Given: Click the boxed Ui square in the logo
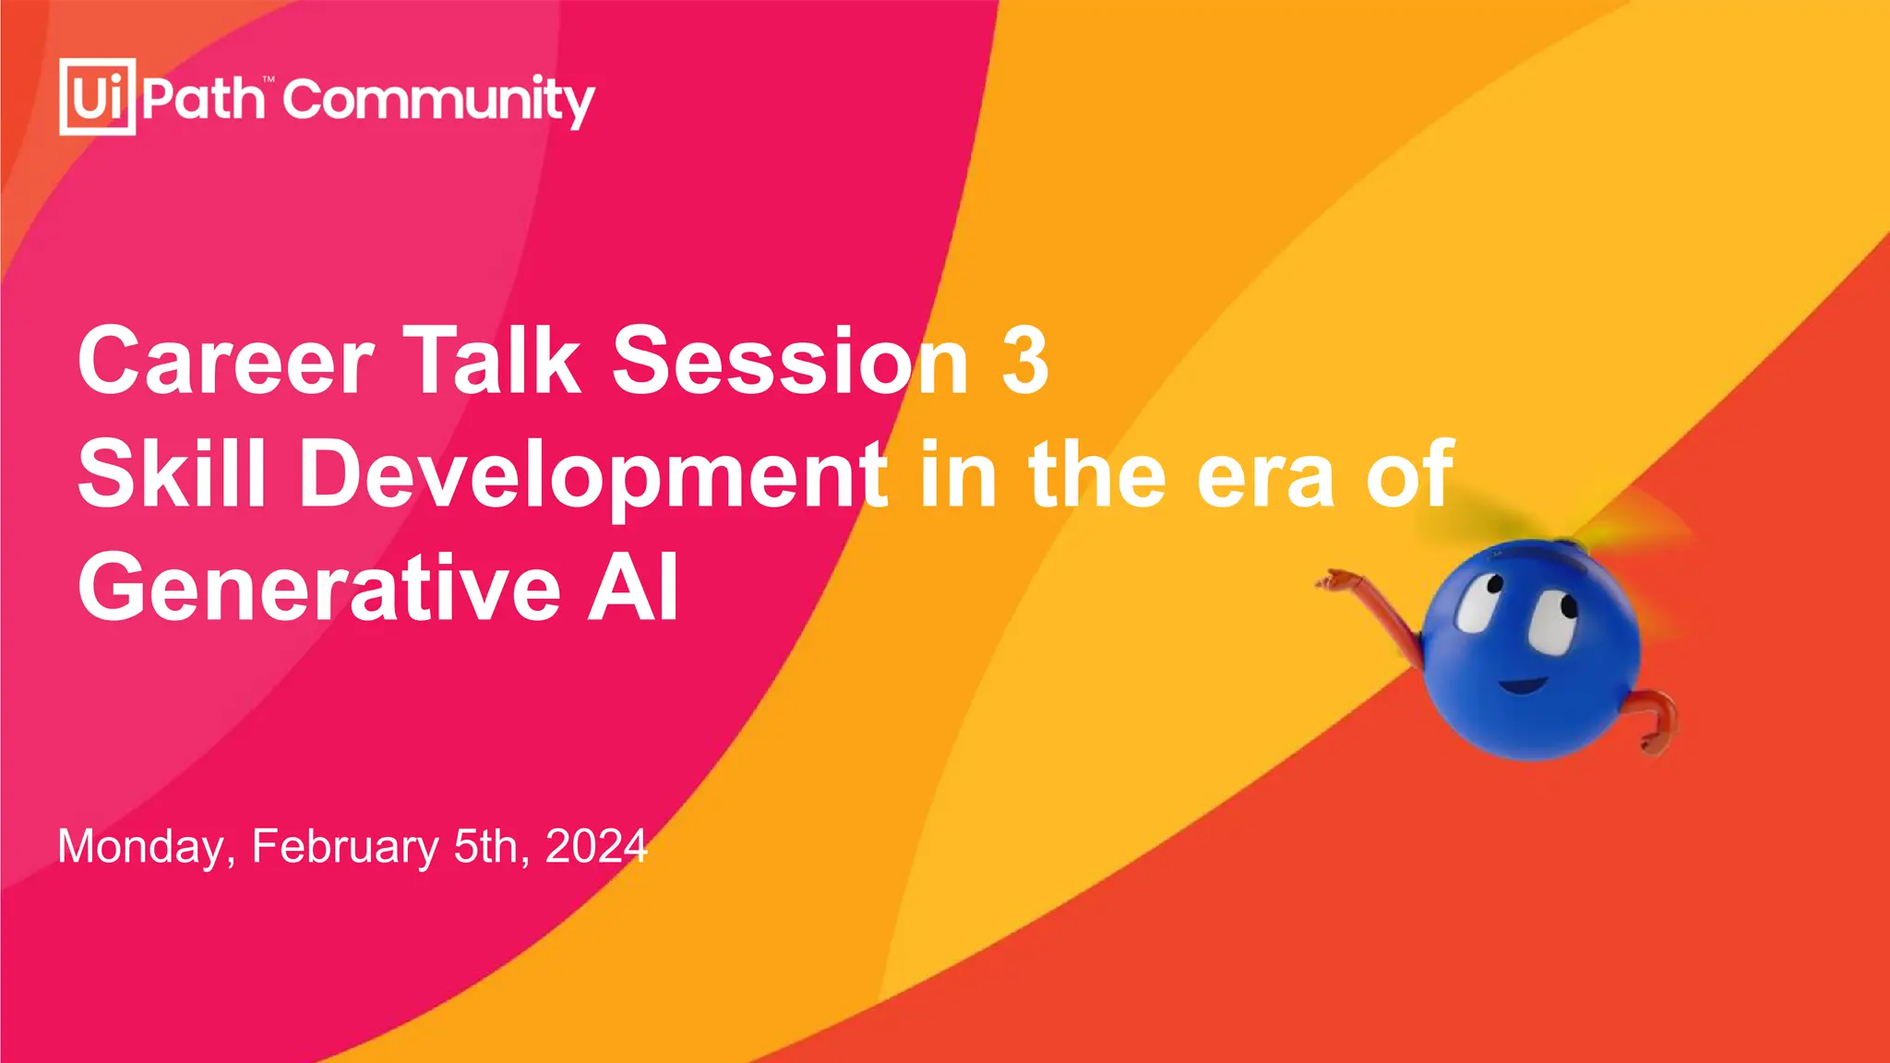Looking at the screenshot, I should tap(97, 97).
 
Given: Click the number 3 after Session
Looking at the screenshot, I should tap(1025, 361).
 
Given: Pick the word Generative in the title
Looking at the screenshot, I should tap(319, 588).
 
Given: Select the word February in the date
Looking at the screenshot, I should tap(345, 847).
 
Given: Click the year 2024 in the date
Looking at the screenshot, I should tap(596, 846).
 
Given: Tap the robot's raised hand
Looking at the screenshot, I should tap(1334, 581).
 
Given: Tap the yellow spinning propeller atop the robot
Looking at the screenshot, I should tap(1560, 531).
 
